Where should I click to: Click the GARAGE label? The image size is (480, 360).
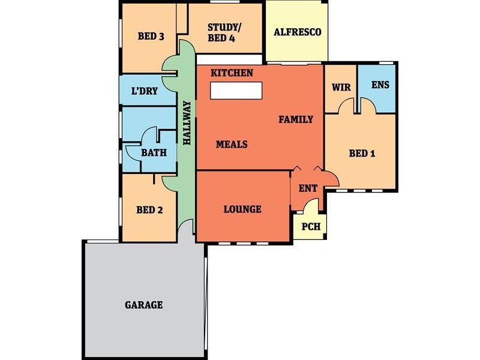pyautogui.click(x=143, y=305)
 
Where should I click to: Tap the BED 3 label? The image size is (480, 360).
pyautogui.click(x=151, y=36)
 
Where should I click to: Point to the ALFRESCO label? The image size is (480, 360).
pyautogui.click(x=297, y=32)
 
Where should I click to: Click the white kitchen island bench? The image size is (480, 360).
pyautogui.click(x=236, y=91)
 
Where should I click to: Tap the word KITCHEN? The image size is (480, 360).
pyautogui.click(x=232, y=73)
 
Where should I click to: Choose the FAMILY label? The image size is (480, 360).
pyautogui.click(x=296, y=119)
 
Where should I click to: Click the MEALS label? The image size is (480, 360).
pyautogui.click(x=232, y=145)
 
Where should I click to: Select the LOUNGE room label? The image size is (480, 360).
pyautogui.click(x=242, y=209)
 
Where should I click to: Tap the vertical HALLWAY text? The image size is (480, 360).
pyautogui.click(x=187, y=123)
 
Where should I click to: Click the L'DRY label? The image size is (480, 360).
pyautogui.click(x=145, y=92)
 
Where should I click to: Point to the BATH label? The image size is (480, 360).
pyautogui.click(x=154, y=152)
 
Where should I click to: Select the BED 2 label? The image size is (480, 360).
pyautogui.click(x=149, y=210)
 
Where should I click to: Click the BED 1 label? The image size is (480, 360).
pyautogui.click(x=362, y=153)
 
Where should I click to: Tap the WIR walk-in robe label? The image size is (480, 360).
pyautogui.click(x=341, y=85)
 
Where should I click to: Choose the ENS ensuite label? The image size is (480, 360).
pyautogui.click(x=380, y=85)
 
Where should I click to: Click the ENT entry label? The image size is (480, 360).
pyautogui.click(x=308, y=188)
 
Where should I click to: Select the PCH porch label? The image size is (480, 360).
pyautogui.click(x=311, y=227)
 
